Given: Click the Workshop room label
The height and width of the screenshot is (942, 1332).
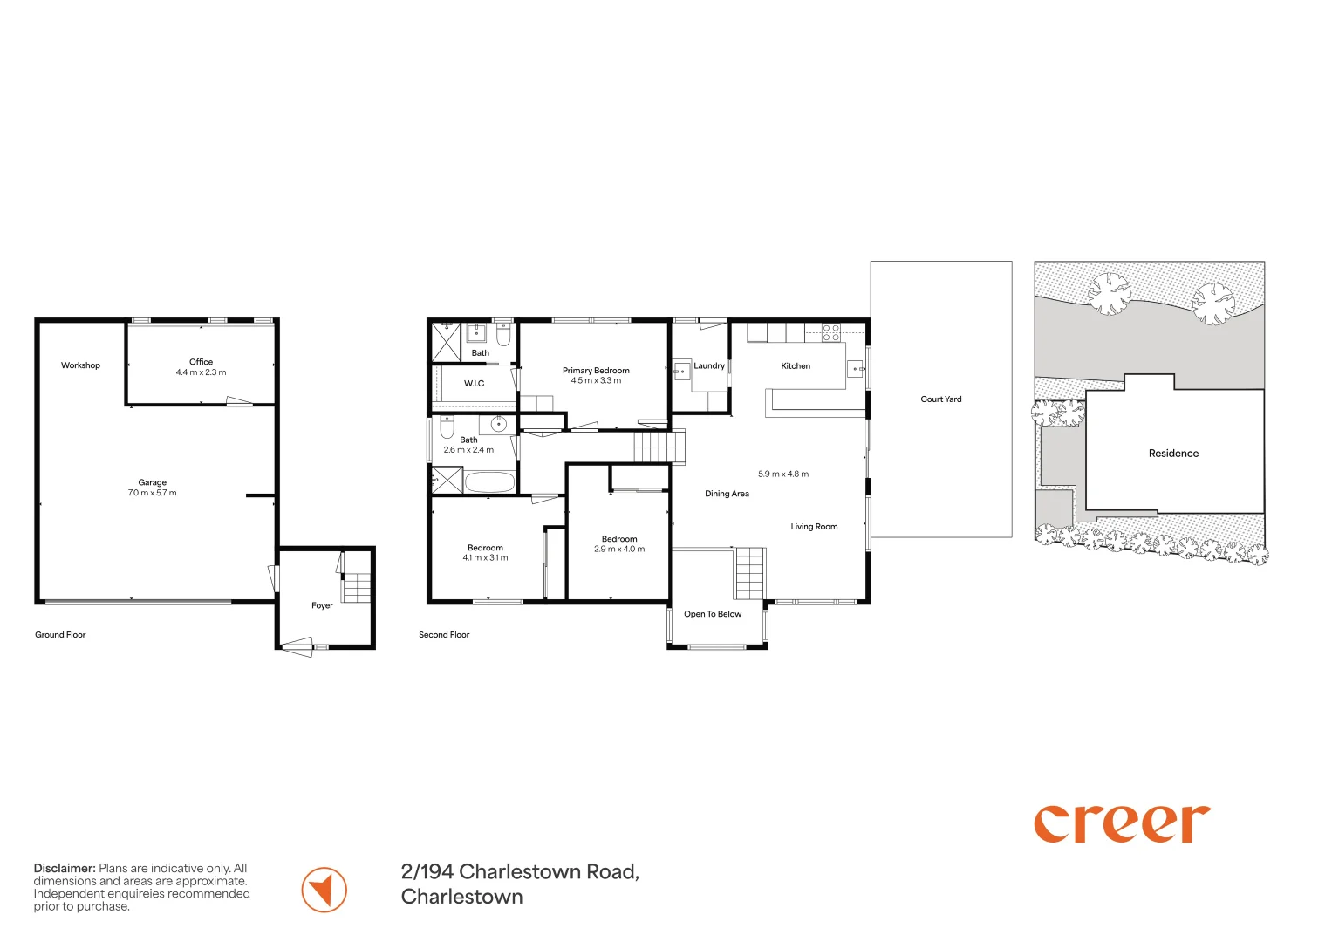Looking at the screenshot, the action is coord(80,365).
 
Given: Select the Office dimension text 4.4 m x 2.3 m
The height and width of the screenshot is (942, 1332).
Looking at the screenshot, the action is coord(201,372).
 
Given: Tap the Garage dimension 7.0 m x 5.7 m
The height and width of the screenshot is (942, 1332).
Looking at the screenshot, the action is coord(153,493).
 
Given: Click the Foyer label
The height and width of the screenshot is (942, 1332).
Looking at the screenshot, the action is coord(322,605).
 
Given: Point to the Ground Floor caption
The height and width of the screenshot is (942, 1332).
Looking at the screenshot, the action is coord(60,635).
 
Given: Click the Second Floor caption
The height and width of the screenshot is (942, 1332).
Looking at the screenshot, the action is coord(444,635).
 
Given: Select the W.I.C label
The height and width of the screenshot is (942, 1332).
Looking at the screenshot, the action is coord(474,383).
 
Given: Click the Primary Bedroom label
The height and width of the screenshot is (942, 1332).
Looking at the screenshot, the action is coord(596,371).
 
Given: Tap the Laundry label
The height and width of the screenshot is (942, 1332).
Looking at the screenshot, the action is coord(709,365).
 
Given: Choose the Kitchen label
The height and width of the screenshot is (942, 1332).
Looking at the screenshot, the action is coord(796,365).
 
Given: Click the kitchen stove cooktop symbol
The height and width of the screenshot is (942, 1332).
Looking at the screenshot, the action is coord(831,332).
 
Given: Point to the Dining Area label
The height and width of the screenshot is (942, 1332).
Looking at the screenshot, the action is coord(727,494).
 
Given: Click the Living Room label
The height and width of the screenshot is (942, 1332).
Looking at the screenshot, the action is coord(814,526).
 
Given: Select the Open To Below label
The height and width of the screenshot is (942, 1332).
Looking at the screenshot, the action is coord(713,614).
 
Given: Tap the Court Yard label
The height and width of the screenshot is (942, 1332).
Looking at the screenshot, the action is coord(940,399).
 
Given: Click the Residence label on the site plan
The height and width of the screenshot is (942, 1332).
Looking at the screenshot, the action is coord(1173,454).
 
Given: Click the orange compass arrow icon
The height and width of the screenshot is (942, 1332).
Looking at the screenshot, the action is coord(324,890).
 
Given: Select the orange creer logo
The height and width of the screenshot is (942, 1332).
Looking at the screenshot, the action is coord(1122,823).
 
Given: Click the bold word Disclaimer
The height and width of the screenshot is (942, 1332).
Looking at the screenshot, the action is coord(65,868).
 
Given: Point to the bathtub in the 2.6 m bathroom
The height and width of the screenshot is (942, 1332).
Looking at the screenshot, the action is coord(490,481).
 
